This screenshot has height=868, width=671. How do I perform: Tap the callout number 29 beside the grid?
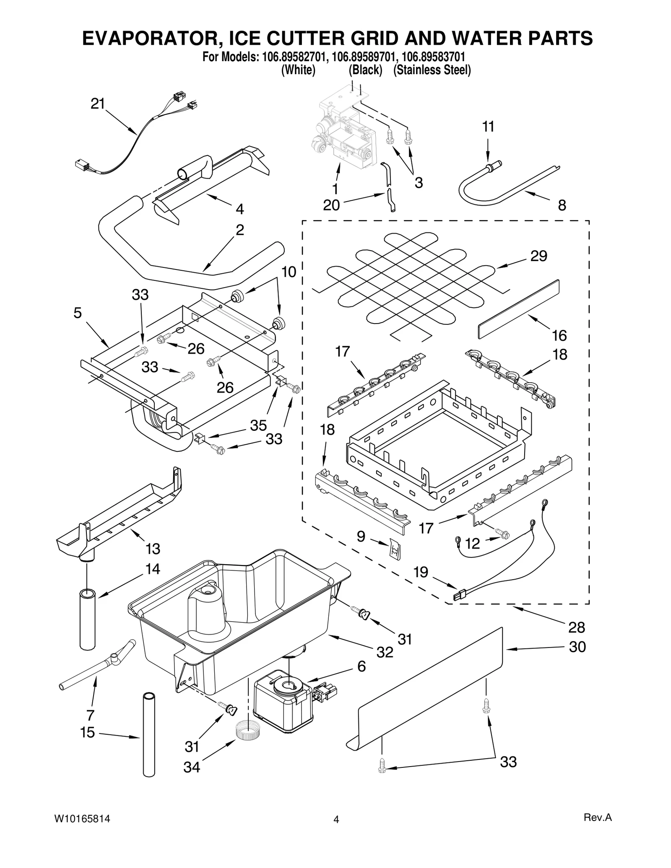point(538,256)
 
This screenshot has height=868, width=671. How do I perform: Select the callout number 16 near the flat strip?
point(559,335)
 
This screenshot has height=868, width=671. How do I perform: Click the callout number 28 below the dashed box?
point(576,627)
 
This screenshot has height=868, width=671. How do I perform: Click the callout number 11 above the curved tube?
point(488,127)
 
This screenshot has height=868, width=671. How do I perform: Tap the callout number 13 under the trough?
point(153,548)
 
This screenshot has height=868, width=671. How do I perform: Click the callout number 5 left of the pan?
point(78,313)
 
